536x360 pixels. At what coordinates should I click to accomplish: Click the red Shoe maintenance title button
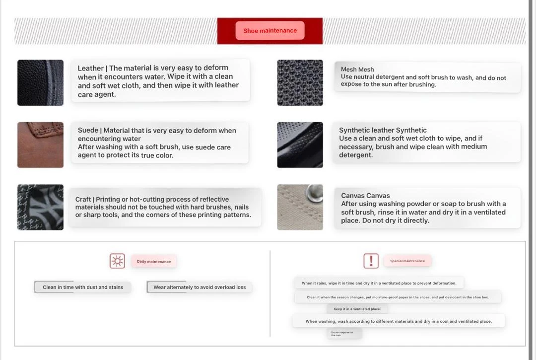click(x=270, y=31)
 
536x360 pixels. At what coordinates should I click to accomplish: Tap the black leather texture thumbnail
click(x=40, y=82)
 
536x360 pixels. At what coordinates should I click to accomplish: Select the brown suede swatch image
click(x=40, y=145)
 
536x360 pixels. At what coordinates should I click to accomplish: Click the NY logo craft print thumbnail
click(x=40, y=207)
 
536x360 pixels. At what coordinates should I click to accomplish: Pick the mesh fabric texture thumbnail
click(x=300, y=82)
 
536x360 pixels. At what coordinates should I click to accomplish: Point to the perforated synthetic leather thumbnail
click(x=300, y=145)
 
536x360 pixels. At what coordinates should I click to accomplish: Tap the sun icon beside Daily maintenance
click(x=117, y=261)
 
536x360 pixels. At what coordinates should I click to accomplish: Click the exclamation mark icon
click(x=371, y=261)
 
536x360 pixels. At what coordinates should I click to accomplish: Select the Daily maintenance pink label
click(x=154, y=262)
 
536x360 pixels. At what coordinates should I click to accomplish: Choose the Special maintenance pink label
click(x=407, y=261)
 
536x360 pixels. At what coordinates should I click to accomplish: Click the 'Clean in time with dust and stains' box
click(x=82, y=287)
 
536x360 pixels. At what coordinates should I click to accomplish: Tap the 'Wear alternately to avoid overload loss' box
click(x=200, y=287)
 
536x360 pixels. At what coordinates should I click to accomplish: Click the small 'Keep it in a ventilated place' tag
click(x=357, y=309)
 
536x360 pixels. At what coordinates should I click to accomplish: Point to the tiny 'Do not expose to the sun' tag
click(x=343, y=334)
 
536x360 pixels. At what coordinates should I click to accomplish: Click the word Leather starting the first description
click(x=90, y=69)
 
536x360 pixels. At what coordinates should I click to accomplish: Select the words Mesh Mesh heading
click(x=357, y=70)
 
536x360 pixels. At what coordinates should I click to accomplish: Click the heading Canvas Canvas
click(x=365, y=196)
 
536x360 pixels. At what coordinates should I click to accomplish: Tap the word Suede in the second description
click(x=88, y=131)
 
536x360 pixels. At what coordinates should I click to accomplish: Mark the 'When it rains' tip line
click(x=379, y=283)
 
